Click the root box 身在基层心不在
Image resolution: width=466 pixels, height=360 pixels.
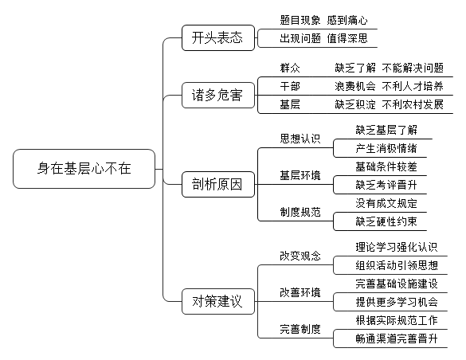pos(84,169)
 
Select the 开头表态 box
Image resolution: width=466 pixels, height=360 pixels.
pos(218,37)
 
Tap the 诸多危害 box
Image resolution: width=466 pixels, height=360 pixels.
pos(218,95)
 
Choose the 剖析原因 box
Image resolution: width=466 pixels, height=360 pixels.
pos(218,184)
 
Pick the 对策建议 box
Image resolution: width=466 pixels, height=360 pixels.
pos(218,301)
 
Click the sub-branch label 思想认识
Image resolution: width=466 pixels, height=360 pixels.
pos(300,139)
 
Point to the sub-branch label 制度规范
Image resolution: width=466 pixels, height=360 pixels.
pos(300,212)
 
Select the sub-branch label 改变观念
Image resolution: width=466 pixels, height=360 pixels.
pos(300,256)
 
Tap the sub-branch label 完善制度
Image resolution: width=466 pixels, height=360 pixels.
pos(300,329)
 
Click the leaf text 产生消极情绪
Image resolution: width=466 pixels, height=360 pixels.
pos(386,148)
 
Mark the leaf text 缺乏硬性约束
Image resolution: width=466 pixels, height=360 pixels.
pos(386,221)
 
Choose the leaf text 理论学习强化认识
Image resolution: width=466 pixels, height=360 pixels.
pos(397,247)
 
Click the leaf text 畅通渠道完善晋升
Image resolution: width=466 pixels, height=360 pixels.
pos(397,338)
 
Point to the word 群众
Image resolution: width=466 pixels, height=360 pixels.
pos(290,68)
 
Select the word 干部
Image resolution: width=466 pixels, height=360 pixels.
pos(290,86)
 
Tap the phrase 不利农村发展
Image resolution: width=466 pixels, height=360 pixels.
pos(413,104)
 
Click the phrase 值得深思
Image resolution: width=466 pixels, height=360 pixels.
pos(347,38)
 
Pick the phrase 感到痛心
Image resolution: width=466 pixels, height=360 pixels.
pos(347,20)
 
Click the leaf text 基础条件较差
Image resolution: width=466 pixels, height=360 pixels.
pos(386,166)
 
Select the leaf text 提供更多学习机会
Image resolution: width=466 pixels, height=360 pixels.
pos(397,302)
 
